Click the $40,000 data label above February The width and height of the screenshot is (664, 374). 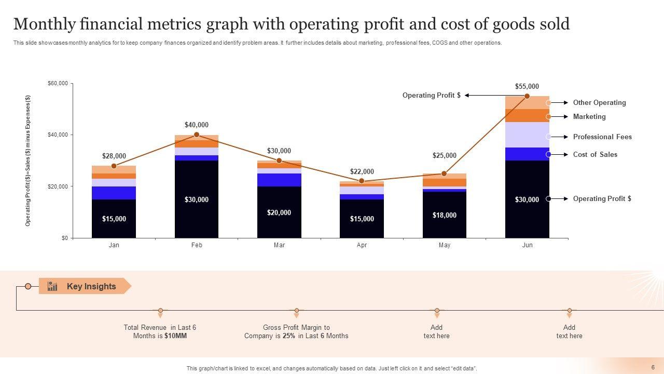click(x=197, y=125)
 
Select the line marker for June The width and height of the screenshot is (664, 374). click(x=527, y=96)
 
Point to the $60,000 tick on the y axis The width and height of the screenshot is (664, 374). click(x=58, y=84)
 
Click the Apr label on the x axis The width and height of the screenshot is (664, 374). click(x=362, y=245)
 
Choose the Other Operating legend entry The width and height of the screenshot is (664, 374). click(x=599, y=103)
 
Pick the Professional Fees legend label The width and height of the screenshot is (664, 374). click(x=602, y=137)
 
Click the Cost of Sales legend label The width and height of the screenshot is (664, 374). click(x=595, y=155)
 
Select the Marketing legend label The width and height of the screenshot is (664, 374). click(x=589, y=117)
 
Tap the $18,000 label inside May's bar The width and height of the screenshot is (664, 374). click(x=445, y=216)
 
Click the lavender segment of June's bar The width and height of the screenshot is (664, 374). click(x=527, y=135)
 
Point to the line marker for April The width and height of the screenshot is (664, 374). click(x=362, y=181)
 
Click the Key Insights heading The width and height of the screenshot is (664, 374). click(x=91, y=287)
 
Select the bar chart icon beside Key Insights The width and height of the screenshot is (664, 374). click(x=52, y=286)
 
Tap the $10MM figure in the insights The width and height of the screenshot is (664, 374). click(x=175, y=336)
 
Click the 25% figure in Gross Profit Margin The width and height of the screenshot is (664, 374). click(x=289, y=336)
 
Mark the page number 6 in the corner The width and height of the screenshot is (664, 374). click(x=653, y=367)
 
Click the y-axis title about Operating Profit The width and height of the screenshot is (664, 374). click(x=28, y=161)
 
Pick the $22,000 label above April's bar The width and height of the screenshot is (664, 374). click(x=362, y=172)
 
